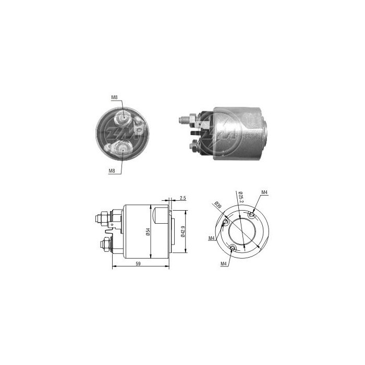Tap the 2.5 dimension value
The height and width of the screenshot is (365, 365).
pyautogui.click(x=182, y=198)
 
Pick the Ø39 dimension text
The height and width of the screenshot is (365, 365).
pyautogui.click(x=218, y=206)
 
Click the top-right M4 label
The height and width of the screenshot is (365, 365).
pyautogui.click(x=264, y=193)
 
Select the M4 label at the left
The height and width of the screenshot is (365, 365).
pyautogui.click(x=212, y=238)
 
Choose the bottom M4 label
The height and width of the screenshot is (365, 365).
pyautogui.click(x=223, y=264)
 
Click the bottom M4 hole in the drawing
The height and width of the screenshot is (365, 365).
pyautogui.click(x=232, y=248)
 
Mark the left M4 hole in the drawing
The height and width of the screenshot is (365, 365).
pyautogui.click(x=225, y=223)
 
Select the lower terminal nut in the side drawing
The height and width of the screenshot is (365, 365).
pyautogui.click(x=104, y=243)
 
